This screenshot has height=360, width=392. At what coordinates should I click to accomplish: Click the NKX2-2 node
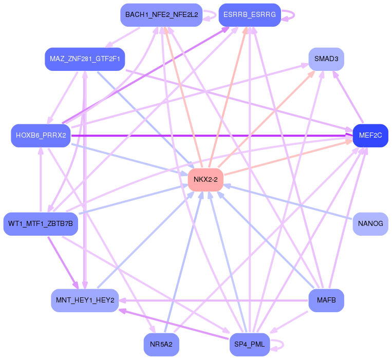(x=206, y=180)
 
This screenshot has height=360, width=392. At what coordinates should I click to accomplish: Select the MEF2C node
(x=370, y=136)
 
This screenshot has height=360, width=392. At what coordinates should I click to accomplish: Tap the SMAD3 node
(x=326, y=59)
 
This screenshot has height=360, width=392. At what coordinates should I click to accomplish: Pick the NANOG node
(x=370, y=224)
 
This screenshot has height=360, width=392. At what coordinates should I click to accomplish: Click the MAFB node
(x=326, y=300)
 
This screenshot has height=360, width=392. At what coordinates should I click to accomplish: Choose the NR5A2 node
(x=161, y=345)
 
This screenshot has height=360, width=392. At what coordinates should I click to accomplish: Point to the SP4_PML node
(x=250, y=345)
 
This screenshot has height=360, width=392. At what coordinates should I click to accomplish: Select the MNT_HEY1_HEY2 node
(x=85, y=300)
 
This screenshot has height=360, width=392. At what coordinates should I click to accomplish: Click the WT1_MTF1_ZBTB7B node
(x=41, y=224)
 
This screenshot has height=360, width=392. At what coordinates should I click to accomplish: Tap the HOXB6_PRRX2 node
(x=41, y=136)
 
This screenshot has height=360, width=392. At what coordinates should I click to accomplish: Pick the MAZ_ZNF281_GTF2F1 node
(x=85, y=59)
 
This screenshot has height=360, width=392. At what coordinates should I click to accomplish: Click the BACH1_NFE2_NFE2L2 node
(x=161, y=15)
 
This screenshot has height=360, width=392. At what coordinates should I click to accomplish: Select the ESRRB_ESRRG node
(x=250, y=15)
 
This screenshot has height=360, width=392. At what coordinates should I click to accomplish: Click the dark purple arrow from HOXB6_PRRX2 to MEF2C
(x=212, y=136)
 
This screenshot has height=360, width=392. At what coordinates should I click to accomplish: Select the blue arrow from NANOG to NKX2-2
(x=288, y=202)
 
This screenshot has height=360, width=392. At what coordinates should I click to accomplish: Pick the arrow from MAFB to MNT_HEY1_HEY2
(x=214, y=300)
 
